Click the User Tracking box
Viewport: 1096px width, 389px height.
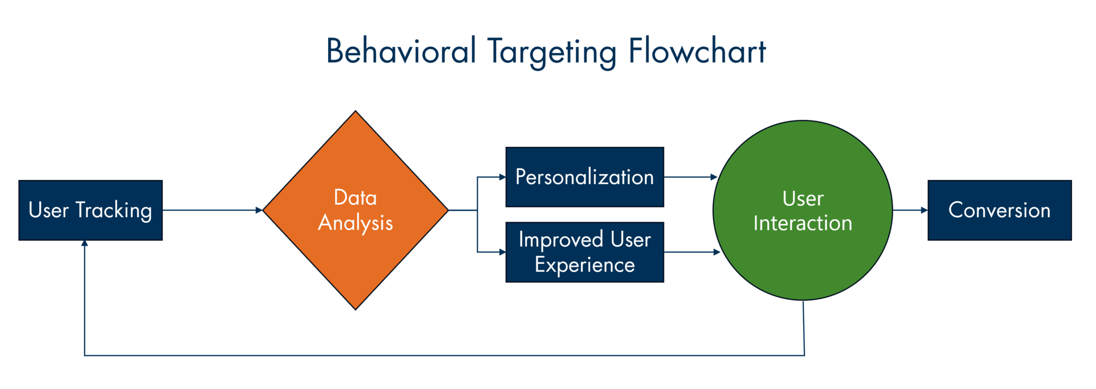tap(90, 210)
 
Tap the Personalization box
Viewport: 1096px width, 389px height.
tap(585, 177)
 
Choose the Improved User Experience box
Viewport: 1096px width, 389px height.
tap(585, 252)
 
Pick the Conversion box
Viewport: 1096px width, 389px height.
tap(999, 210)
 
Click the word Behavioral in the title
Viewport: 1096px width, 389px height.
tap(401, 51)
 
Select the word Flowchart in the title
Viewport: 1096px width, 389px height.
tap(697, 51)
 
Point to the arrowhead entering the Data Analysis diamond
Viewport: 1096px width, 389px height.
tap(259, 210)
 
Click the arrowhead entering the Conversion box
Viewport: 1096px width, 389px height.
tap(924, 210)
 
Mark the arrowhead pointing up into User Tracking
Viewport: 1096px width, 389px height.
tap(84, 244)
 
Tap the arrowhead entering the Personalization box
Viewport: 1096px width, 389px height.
tap(502, 177)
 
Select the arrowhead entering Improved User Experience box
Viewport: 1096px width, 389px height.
tap(502, 252)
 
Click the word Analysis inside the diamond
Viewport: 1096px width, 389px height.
tap(355, 223)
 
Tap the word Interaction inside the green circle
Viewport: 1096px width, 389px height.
tap(803, 223)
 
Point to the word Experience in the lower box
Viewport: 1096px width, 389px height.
tap(585, 265)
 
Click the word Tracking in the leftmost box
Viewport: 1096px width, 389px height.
tap(114, 210)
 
